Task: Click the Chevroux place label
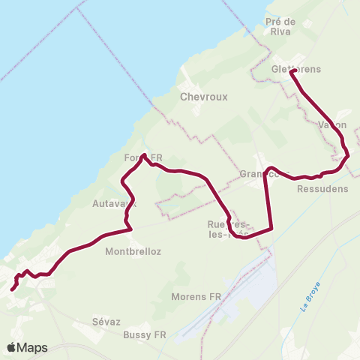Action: pyautogui.click(x=199, y=97)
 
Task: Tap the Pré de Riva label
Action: pyautogui.click(x=282, y=26)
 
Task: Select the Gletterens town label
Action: pyautogui.click(x=295, y=70)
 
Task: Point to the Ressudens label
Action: pyautogui.click(x=322, y=189)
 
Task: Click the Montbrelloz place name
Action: pyautogui.click(x=133, y=251)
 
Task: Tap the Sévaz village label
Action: pyautogui.click(x=106, y=321)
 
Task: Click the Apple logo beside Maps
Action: pyautogui.click(x=11, y=347)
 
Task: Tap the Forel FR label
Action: pyautogui.click(x=143, y=158)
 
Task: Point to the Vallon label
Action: pyautogui.click(x=332, y=124)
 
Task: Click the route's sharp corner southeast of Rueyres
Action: pyautogui.click(x=270, y=226)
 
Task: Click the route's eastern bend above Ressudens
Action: pyautogui.click(x=347, y=157)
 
